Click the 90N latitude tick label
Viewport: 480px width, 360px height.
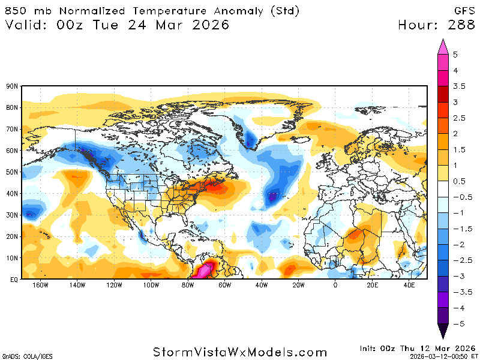11,86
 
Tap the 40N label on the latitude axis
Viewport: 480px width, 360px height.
11,193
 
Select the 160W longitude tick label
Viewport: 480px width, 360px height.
40,285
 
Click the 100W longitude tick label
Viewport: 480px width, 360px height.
151,285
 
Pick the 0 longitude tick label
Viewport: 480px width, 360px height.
335,285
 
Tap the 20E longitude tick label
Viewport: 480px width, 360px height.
372,285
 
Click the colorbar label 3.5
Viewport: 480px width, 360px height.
459,86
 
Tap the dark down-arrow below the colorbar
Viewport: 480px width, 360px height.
443,331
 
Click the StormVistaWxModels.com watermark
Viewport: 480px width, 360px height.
240,352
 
